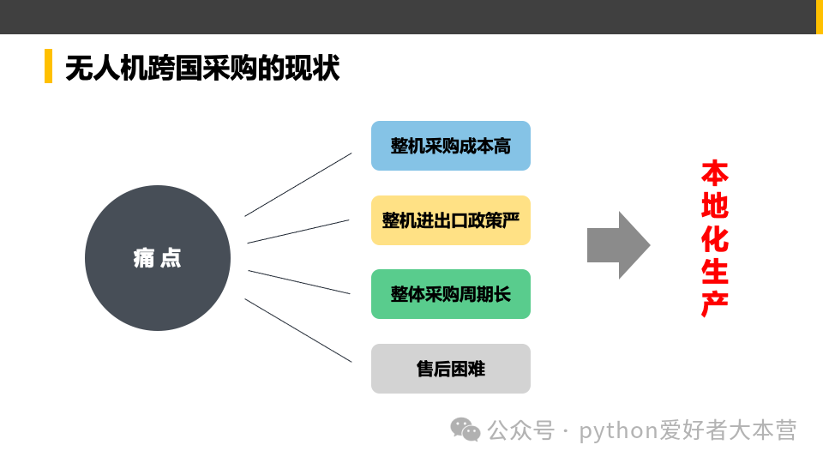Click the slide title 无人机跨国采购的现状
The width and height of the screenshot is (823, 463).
[202, 68]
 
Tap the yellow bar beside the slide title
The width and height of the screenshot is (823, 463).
[48, 67]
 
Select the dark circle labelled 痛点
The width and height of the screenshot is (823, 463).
[158, 258]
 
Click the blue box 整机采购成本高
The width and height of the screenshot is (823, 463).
[451, 146]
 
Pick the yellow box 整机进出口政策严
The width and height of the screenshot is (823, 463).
[451, 220]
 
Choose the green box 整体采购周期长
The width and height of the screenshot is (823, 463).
[451, 294]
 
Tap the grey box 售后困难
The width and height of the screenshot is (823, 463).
[451, 369]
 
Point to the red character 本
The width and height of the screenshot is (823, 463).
[714, 173]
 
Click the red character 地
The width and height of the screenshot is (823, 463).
[714, 206]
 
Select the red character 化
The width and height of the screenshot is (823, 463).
[714, 238]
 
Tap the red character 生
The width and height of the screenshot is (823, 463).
[714, 271]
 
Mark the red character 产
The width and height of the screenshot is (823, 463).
[714, 304]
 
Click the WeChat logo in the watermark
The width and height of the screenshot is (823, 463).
[466, 429]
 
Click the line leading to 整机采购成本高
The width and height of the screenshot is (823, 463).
[298, 184]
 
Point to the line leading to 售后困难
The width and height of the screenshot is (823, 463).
[298, 330]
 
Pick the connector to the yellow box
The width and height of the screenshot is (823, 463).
[298, 231]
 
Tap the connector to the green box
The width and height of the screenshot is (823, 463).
[298, 282]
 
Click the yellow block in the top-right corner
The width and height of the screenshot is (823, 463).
[819, 16]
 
